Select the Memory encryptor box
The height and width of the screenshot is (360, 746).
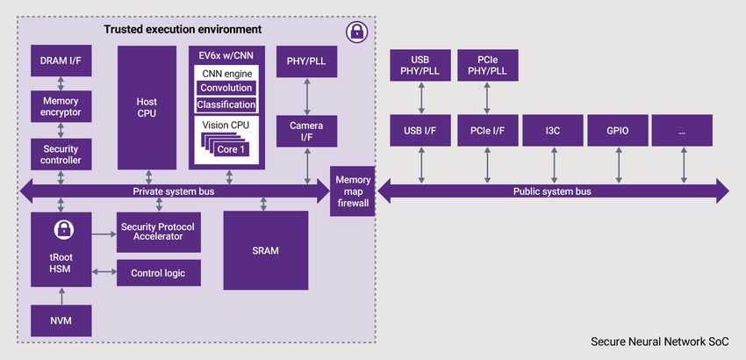pyautogui.click(x=61, y=106)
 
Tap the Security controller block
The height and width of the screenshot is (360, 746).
pyautogui.click(x=61, y=155)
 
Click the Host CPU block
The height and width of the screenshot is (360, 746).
pyautogui.click(x=147, y=107)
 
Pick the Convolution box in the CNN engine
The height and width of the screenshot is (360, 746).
pyautogui.click(x=226, y=88)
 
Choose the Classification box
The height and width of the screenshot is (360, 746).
pyautogui.click(x=226, y=104)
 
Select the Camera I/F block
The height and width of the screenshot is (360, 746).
pyautogui.click(x=306, y=132)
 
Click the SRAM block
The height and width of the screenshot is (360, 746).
pyautogui.click(x=265, y=250)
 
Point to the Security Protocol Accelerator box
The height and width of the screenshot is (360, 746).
pyautogui.click(x=158, y=232)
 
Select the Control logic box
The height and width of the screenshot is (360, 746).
pyautogui.click(x=158, y=273)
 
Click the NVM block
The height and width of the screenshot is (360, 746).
pyautogui.click(x=61, y=321)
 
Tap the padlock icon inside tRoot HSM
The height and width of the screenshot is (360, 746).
pyautogui.click(x=61, y=231)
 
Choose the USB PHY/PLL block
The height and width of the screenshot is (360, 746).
pyautogui.click(x=420, y=65)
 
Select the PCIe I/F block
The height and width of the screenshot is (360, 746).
pyautogui.click(x=487, y=131)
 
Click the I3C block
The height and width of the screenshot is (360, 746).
pyautogui.click(x=553, y=131)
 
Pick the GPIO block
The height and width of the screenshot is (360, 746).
pyautogui.click(x=618, y=131)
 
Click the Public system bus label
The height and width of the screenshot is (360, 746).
pyautogui.click(x=552, y=191)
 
